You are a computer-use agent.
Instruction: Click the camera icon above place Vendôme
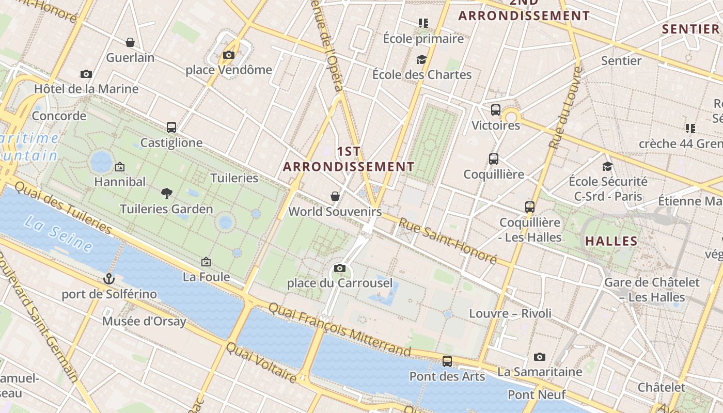(x=229, y=55)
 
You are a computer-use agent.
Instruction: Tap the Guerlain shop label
(x=130, y=57)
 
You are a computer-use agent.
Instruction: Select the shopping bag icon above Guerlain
(x=130, y=42)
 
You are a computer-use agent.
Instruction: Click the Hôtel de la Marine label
(x=86, y=89)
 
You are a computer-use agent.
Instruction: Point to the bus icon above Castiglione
(x=171, y=127)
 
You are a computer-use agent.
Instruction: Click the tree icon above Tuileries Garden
(x=166, y=194)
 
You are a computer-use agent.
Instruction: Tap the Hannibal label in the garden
(x=120, y=182)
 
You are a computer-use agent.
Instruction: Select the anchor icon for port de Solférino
(x=108, y=279)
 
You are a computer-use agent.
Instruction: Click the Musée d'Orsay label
(x=144, y=321)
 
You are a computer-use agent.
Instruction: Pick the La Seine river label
(x=58, y=235)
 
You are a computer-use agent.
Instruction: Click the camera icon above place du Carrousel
(x=339, y=268)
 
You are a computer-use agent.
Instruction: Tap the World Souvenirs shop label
(x=335, y=211)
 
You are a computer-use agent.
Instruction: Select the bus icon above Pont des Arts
(x=447, y=361)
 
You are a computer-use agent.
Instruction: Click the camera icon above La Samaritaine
(x=540, y=357)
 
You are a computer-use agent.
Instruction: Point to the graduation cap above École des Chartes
(x=422, y=60)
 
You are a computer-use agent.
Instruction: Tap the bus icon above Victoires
(x=496, y=110)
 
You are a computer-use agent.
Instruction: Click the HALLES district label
(x=611, y=241)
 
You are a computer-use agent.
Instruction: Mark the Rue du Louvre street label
(x=565, y=108)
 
